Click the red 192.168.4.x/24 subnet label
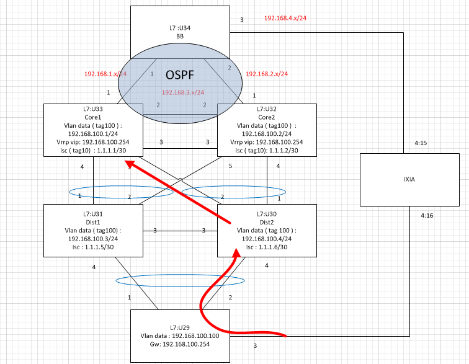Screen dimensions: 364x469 point(285,18)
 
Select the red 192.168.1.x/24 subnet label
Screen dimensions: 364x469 point(105,74)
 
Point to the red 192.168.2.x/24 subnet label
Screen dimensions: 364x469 point(267,74)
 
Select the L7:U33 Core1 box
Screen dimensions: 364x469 point(93,129)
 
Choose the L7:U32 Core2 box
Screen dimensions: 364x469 point(267,129)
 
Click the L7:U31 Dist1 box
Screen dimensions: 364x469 point(93,230)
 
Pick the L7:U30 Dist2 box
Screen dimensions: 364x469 point(267,230)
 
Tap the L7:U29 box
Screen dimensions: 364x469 point(179,335)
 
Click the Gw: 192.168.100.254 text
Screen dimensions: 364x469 point(180,344)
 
